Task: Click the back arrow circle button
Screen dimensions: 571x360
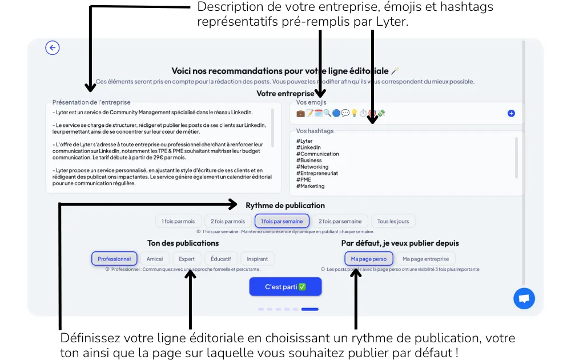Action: pos(53,48)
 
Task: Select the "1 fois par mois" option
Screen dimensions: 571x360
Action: pos(178,221)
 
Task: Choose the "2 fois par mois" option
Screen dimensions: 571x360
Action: pos(228,221)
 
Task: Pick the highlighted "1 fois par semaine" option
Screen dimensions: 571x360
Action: pos(282,221)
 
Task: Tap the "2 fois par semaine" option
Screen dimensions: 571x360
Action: pos(340,221)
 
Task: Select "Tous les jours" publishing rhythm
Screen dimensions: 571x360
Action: pos(393,221)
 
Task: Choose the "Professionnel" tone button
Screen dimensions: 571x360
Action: pos(114,259)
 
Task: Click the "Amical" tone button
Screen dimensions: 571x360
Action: pos(155,259)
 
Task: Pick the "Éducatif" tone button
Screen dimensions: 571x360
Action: pos(220,259)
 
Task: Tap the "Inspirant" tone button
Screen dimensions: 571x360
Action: pos(258,259)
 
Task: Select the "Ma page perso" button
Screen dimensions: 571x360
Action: pos(369,259)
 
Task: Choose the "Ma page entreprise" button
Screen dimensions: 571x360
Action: pos(425,259)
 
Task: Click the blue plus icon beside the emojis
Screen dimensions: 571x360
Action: pos(511,114)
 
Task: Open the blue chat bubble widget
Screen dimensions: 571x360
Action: pos(524,298)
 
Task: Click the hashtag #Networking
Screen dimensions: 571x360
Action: pos(312,167)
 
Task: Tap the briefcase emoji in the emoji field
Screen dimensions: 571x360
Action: pos(301,114)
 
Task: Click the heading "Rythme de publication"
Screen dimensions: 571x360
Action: pos(285,205)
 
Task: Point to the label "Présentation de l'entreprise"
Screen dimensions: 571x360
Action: pos(91,102)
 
